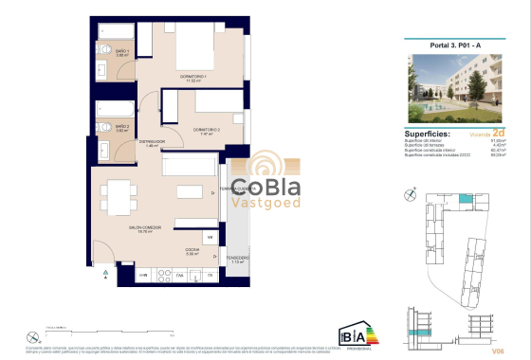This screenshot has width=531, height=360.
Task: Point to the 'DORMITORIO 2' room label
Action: click(x=206, y=129)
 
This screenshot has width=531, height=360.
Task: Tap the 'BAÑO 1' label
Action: click(x=121, y=53)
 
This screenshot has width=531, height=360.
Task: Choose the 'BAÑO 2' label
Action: click(x=122, y=126)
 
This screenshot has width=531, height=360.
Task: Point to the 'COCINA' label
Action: click(x=192, y=249)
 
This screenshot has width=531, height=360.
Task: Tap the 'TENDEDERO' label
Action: click(x=238, y=257)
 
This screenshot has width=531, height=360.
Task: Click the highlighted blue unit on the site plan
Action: click(x=463, y=200)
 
